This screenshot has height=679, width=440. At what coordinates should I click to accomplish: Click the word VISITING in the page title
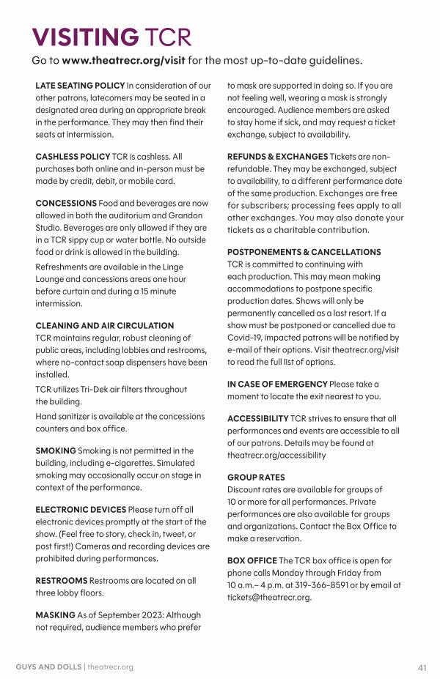tap(85, 37)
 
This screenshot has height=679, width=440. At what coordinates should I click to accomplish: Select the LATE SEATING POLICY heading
tap(80, 86)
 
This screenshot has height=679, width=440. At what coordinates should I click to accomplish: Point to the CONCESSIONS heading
tap(66, 203)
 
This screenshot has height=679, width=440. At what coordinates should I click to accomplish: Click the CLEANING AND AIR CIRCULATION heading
tap(105, 325)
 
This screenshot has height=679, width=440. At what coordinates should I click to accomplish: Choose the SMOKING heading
tap(56, 450)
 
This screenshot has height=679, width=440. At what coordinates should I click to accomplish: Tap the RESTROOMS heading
tap(62, 580)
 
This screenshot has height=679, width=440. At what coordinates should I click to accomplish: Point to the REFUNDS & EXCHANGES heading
tap(277, 157)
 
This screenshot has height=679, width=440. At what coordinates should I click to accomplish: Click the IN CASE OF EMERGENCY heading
tap(276, 384)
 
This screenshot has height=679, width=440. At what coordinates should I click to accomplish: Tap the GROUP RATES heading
tap(256, 478)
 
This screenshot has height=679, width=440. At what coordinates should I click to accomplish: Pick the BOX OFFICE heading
tap(252, 561)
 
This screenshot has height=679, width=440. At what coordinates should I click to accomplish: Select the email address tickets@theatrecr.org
tap(269, 597)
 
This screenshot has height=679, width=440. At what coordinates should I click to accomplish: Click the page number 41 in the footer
tap(422, 667)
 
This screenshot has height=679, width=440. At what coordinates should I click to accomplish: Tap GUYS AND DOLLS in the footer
tap(48, 667)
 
